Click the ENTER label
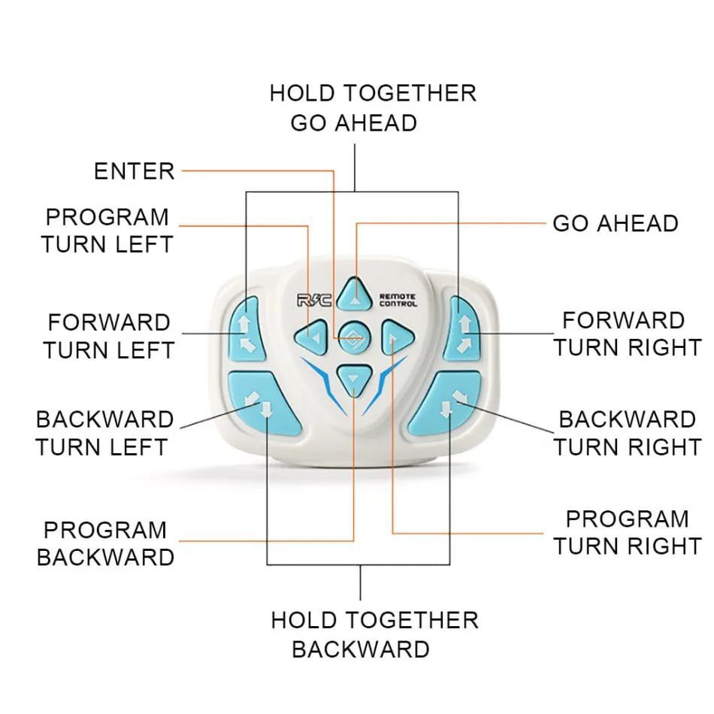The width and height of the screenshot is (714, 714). (x=135, y=171)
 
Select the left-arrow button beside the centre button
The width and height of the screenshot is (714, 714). (x=311, y=337)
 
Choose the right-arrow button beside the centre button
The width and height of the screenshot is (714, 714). (x=397, y=337)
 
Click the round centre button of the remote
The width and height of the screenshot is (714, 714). (x=355, y=337)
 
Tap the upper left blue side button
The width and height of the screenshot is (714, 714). (x=246, y=328)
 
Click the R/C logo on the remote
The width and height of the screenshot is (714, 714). (x=314, y=300)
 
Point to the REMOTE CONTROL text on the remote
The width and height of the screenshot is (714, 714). (x=398, y=300)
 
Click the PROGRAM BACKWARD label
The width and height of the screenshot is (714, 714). (x=105, y=543)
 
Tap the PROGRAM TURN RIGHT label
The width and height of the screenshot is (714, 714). (x=628, y=532)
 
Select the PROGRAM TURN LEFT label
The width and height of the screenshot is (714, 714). (x=107, y=231)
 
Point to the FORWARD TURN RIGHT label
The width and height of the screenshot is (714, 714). (x=627, y=334)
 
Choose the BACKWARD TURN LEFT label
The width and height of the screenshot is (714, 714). (x=104, y=433)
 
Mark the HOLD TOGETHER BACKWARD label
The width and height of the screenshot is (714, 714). (x=374, y=635)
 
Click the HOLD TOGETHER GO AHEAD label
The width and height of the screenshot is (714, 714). (x=373, y=108)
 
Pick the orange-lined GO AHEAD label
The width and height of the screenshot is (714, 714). (x=616, y=223)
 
